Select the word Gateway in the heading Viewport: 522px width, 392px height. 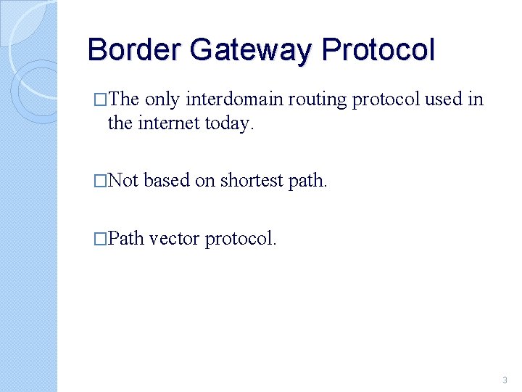coord(251,50)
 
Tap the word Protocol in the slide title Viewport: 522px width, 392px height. coord(378,50)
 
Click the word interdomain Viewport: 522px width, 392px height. coord(236,99)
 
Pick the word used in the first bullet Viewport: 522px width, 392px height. coord(444,99)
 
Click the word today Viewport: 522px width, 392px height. coord(228,123)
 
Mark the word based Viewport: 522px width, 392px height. coord(167,180)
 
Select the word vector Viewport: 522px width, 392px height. coord(175,238)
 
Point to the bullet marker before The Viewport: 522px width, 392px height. coord(100,100)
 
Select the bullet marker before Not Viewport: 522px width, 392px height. coord(100,181)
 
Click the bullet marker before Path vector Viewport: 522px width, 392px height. coord(100,239)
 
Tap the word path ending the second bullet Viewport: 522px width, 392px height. coord(310,181)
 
